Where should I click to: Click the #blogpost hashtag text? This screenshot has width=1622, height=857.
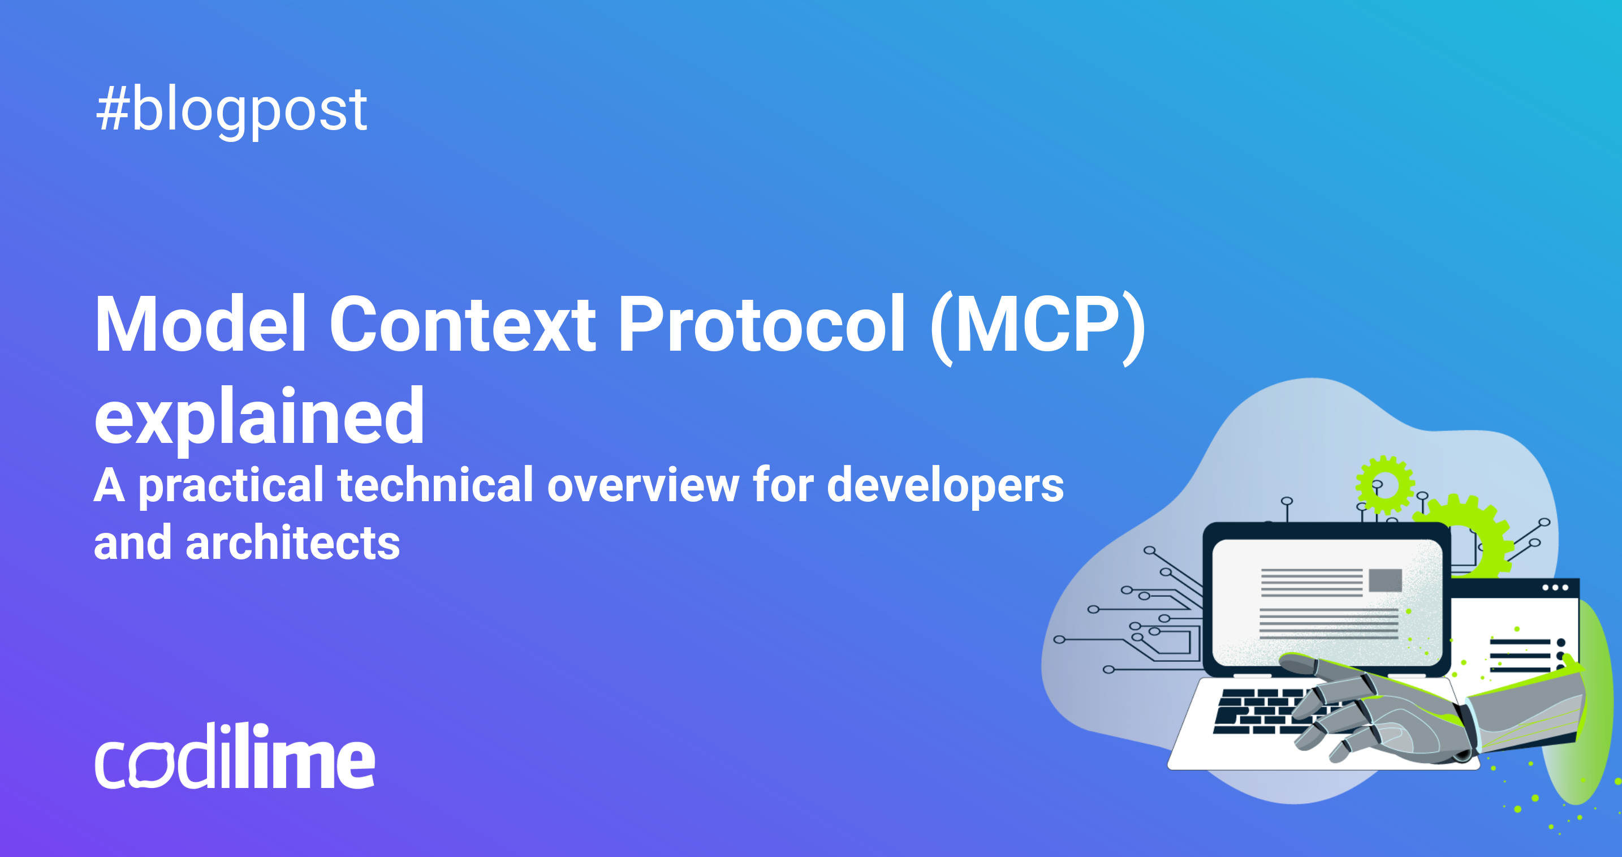pyautogui.click(x=231, y=110)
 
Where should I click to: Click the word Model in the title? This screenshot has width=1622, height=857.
pyautogui.click(x=200, y=324)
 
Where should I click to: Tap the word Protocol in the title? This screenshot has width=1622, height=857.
pyautogui.click(x=761, y=324)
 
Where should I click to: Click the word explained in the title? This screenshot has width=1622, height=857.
pyautogui.click(x=259, y=417)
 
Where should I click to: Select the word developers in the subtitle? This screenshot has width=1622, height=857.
pyautogui.click(x=944, y=485)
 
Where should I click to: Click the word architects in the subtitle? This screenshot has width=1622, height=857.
pyautogui.click(x=292, y=543)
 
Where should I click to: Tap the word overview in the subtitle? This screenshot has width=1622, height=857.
pyautogui.click(x=643, y=485)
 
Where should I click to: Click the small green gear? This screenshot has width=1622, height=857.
pyautogui.click(x=1384, y=485)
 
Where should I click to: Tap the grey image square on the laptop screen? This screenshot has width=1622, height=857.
pyautogui.click(x=1385, y=580)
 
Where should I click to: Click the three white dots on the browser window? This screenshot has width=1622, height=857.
pyautogui.click(x=1555, y=588)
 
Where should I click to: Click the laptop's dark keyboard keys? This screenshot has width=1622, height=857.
pyautogui.click(x=1253, y=712)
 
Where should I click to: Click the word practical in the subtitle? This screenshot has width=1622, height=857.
pyautogui.click(x=230, y=485)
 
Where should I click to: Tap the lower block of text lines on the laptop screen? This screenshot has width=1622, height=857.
pyautogui.click(x=1328, y=624)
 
